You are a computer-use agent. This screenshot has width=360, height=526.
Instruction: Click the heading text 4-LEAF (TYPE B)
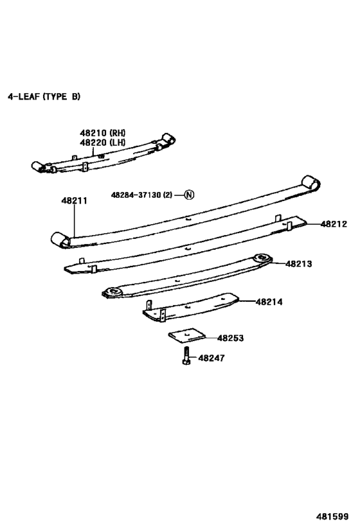pyautogui.click(x=44, y=97)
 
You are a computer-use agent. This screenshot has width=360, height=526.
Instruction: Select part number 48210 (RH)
pyautogui.click(x=103, y=132)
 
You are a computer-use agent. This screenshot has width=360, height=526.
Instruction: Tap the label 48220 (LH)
pyautogui.click(x=103, y=142)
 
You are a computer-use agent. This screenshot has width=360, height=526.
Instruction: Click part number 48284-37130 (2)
pyautogui.click(x=141, y=195)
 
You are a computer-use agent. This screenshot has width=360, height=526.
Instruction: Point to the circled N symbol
pyautogui.click(x=189, y=195)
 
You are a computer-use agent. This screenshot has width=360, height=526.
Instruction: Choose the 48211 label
pyautogui.click(x=75, y=201)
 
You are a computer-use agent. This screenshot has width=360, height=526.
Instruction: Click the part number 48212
pyautogui.click(x=334, y=224)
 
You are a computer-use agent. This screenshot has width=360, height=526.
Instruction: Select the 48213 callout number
pyautogui.click(x=298, y=263)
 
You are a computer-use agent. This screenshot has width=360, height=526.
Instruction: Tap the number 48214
pyautogui.click(x=269, y=301)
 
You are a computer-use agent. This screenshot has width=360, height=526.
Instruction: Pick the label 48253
pyautogui.click(x=230, y=338)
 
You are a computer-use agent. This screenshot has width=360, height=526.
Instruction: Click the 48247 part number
pyautogui.click(x=212, y=358)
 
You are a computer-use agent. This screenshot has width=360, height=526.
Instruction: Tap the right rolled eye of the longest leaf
pyautogui.click(x=311, y=184)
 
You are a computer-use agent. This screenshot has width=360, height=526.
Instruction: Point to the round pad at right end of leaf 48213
pyautogui.click(x=262, y=258)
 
